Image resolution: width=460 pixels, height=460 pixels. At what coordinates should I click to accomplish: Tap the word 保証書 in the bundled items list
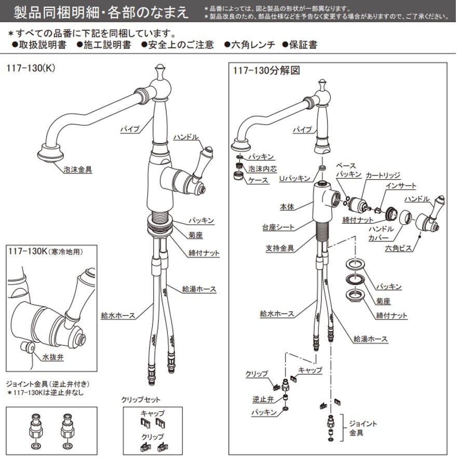(303, 45)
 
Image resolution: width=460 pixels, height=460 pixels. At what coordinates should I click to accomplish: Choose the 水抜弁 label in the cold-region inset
(53, 357)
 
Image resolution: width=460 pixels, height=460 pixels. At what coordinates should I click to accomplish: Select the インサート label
(400, 185)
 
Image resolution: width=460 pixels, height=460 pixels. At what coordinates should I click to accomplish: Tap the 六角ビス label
(399, 249)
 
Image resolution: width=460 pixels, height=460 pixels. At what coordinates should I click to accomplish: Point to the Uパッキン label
(295, 178)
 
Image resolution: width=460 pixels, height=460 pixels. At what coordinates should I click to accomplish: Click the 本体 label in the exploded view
(287, 207)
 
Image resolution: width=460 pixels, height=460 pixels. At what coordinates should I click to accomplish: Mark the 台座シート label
(278, 227)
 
